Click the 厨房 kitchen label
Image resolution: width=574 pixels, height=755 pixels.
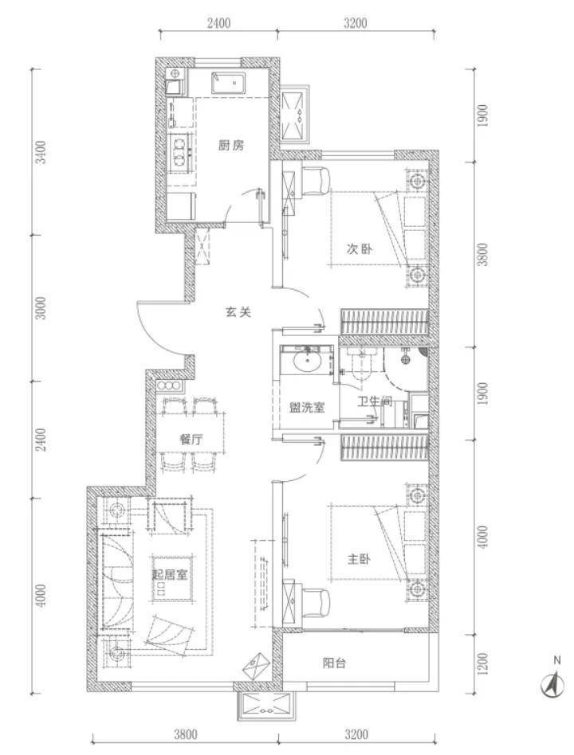231,146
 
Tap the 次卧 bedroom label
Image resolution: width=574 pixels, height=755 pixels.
359,249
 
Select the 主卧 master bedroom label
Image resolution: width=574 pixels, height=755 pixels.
359,559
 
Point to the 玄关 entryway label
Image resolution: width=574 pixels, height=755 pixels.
238,312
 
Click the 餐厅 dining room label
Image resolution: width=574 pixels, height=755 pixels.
191,439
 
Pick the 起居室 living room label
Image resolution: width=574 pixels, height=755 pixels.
170,574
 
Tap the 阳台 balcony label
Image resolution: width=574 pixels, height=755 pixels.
334,663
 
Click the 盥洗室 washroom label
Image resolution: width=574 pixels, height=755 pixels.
307,408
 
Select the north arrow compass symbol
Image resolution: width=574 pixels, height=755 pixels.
553,681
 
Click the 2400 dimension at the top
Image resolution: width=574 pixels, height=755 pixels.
218,22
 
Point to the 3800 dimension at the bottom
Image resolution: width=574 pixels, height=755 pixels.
186,734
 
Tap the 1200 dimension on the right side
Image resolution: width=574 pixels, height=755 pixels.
483,664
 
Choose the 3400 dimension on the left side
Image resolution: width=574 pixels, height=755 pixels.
42,152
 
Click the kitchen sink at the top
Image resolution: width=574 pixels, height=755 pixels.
228,83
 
